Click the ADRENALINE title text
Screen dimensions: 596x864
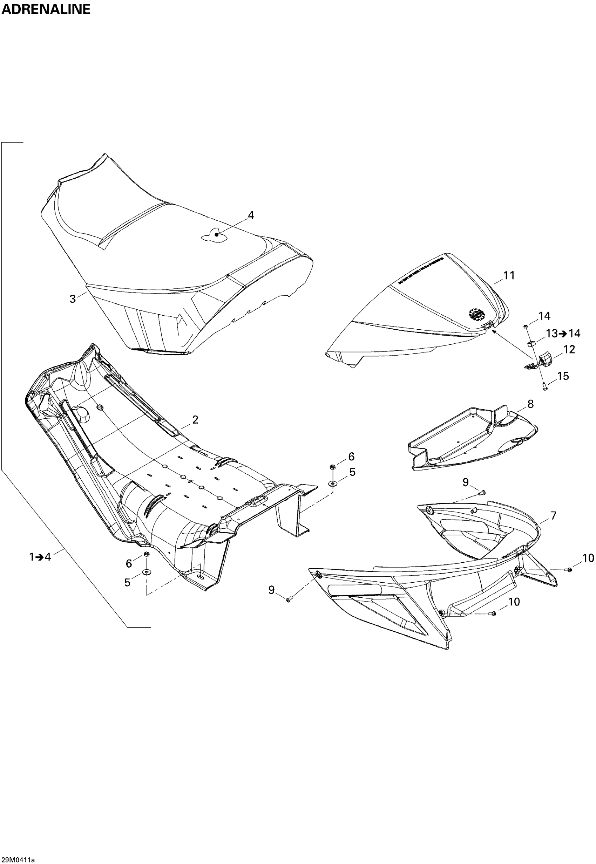coord(46,9)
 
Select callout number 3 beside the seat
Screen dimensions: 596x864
coord(73,299)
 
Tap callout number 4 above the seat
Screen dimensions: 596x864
coord(251,215)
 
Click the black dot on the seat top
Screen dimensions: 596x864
coord(217,234)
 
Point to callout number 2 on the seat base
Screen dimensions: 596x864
coord(195,420)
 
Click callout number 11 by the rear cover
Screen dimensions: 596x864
coord(509,275)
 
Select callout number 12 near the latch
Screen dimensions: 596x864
coord(569,349)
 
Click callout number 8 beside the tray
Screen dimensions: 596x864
coord(530,404)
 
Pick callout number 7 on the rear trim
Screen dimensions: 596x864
coord(553,516)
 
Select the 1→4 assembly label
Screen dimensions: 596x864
coord(40,557)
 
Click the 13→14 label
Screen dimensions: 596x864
coord(563,333)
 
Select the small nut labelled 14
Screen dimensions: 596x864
coord(526,327)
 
